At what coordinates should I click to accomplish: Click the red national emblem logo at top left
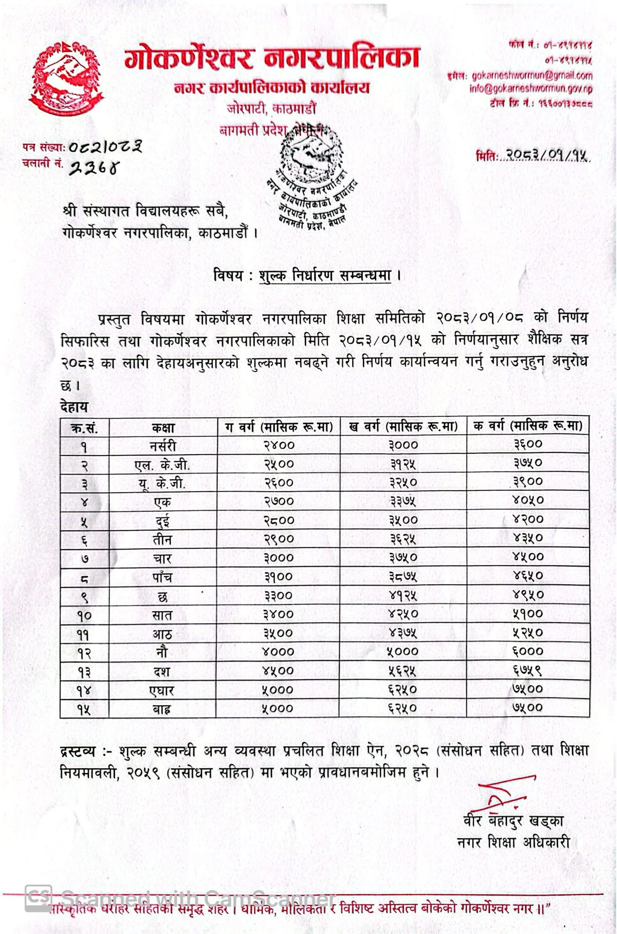tap(67, 79)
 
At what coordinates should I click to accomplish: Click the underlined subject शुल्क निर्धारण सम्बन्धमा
tap(325, 276)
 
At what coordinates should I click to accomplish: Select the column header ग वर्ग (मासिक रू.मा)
tap(279, 427)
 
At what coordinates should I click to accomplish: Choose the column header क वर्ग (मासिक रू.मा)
tap(528, 426)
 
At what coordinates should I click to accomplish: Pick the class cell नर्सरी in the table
tap(163, 446)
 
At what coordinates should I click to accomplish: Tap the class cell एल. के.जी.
tap(162, 465)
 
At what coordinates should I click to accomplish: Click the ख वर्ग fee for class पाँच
tap(403, 577)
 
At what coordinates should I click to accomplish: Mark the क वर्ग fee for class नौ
tap(528, 651)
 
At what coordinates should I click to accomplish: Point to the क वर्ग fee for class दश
tap(528, 670)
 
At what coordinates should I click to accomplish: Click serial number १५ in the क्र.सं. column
tap(84, 709)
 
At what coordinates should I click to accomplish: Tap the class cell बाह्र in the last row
tap(162, 709)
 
